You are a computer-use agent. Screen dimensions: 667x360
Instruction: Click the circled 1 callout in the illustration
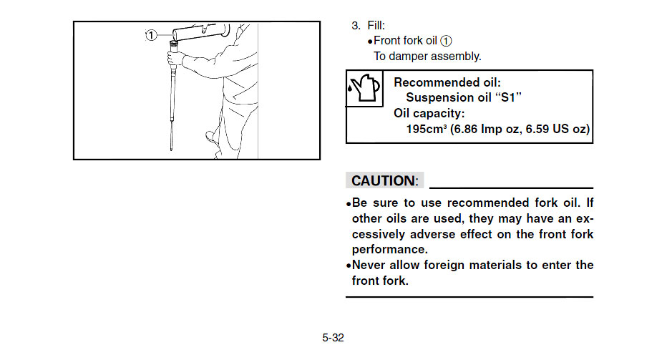point(152,35)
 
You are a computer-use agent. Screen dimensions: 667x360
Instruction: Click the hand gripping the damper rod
point(175,57)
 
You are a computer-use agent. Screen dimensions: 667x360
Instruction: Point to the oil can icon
point(364,88)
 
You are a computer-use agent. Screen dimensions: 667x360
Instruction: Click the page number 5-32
point(333,338)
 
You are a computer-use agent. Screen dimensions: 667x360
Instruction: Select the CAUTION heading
point(384,180)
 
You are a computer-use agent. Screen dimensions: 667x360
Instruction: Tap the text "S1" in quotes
point(508,97)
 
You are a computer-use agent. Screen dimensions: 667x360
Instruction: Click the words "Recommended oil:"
point(447,82)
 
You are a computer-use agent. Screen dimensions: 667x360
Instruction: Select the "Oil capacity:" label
point(429,113)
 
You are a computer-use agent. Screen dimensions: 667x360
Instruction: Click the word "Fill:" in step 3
point(376,26)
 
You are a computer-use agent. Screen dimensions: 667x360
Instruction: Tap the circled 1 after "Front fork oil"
point(446,41)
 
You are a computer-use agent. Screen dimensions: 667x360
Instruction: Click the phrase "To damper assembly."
point(427,56)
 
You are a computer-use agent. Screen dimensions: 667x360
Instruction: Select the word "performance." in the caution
point(389,249)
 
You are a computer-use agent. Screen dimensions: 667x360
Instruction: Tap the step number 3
point(356,26)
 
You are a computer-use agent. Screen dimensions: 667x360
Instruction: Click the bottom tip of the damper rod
point(171,150)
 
